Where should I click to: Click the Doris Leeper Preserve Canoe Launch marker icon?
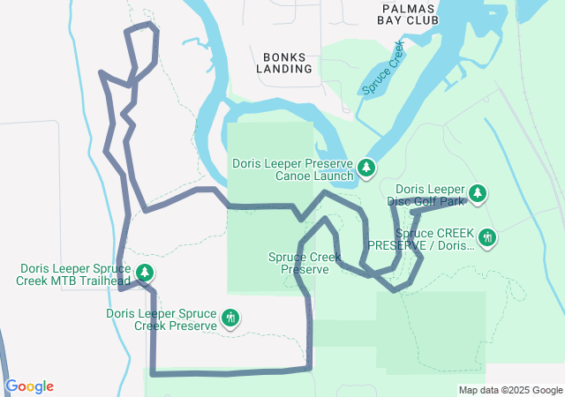[366, 168]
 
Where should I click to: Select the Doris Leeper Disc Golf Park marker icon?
[478, 192]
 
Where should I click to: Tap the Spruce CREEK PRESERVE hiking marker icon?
[486, 236]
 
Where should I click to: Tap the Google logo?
[29, 386]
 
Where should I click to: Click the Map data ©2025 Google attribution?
[510, 390]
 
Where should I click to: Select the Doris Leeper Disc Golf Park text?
[429, 195]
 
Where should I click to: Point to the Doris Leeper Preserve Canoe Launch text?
[293, 169]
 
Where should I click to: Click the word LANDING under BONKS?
[285, 68]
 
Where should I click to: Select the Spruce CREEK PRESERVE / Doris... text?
[422, 239]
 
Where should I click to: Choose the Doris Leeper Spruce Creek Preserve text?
[162, 319]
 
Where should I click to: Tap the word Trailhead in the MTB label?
[105, 281]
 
